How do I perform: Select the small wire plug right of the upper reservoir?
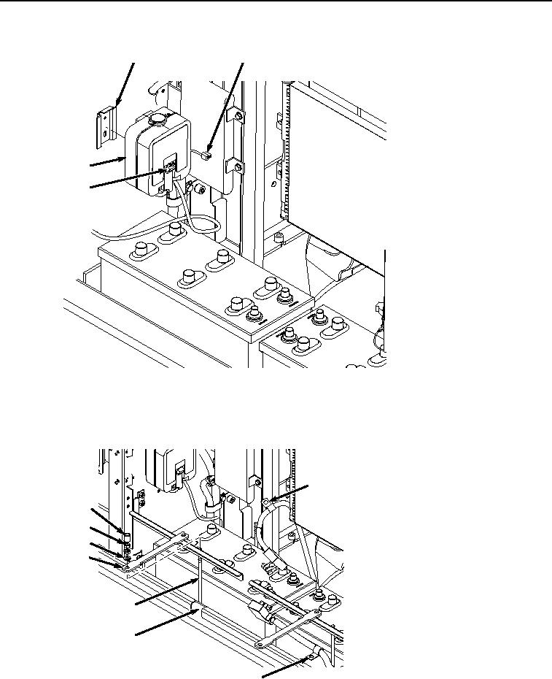click(207, 153)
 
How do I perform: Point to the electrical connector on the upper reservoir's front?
click(169, 172)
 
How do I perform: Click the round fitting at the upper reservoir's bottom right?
click(194, 188)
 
